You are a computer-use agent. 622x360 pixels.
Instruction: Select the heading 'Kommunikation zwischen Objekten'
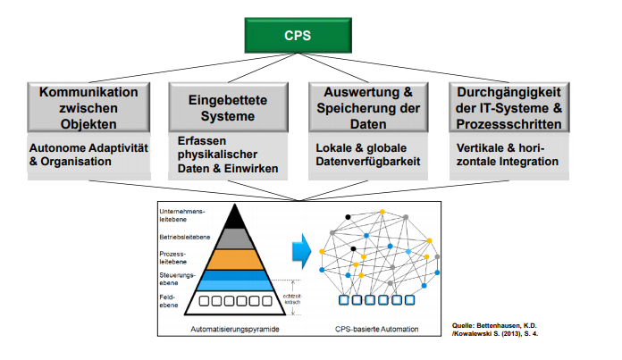(x=88, y=108)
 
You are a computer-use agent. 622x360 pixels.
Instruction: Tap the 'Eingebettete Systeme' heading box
(x=230, y=108)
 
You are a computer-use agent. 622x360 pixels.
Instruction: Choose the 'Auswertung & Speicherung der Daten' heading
(x=369, y=108)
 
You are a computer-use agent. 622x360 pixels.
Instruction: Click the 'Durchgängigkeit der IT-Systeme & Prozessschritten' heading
(x=509, y=108)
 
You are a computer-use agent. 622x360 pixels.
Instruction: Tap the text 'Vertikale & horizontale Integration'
(x=507, y=155)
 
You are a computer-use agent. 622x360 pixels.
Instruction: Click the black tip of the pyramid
(x=235, y=218)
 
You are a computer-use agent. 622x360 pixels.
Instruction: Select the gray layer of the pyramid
(x=235, y=239)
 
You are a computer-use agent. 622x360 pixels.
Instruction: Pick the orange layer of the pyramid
(x=235, y=258)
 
